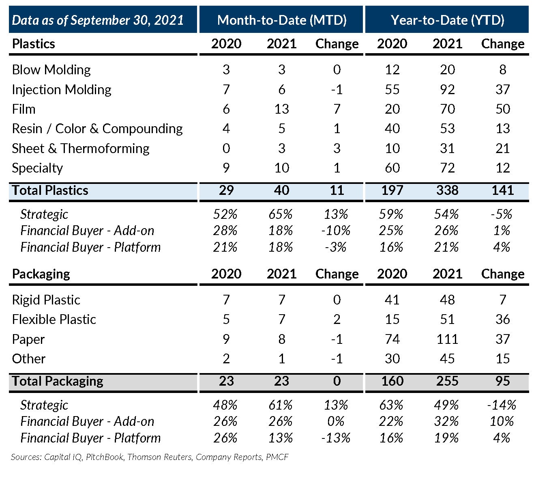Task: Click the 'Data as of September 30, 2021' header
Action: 98,20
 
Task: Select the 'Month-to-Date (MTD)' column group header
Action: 282,20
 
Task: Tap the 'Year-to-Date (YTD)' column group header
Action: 447,20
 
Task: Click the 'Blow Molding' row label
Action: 51,70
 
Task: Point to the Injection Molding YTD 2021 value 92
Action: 447,89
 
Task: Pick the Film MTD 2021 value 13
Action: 281,109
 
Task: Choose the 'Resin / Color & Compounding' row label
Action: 97,129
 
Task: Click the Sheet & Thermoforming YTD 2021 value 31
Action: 447,148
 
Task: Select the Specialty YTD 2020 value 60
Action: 392,168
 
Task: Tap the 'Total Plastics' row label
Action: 50,190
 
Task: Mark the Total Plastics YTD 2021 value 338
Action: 447,190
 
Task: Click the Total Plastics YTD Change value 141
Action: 503,190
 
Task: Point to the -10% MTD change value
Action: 336,231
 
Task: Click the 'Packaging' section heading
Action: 41,274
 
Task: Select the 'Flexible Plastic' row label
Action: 54,319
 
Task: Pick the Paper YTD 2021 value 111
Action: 447,339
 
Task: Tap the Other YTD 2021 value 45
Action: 447,358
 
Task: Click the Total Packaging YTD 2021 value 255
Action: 447,381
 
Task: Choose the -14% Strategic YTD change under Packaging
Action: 502,405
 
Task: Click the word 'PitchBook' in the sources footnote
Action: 105,457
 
